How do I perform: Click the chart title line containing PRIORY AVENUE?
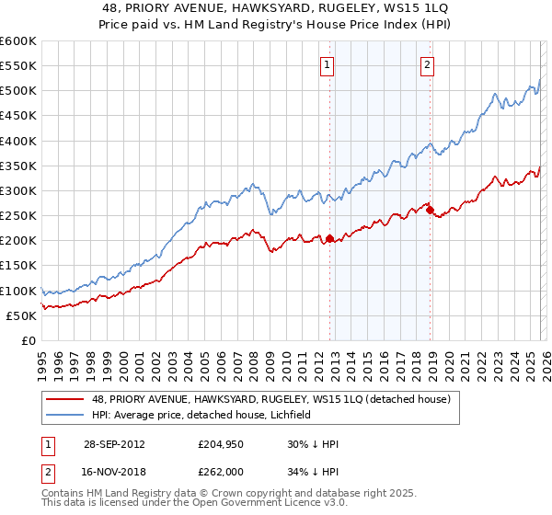pos(276,7)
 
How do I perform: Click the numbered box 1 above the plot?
pos(328,64)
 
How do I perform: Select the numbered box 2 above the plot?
pos(429,64)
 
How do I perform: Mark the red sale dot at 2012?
pos(329,238)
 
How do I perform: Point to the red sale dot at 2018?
pos(430,210)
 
